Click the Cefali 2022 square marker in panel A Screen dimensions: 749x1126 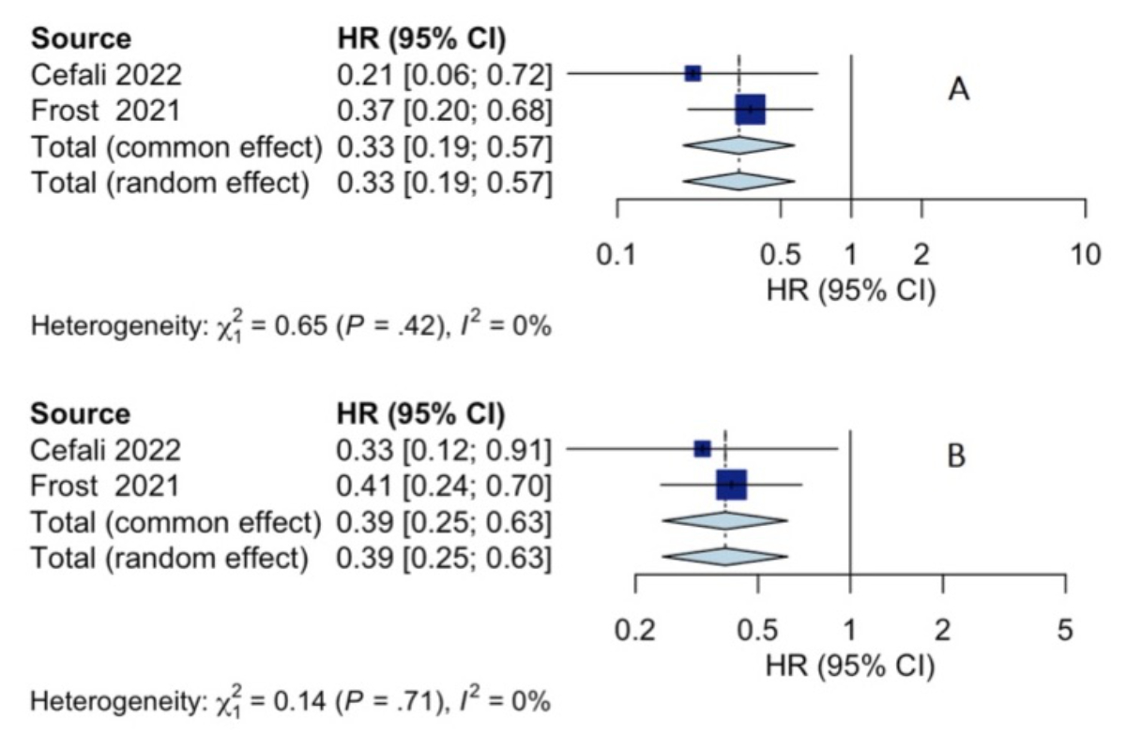[692, 73]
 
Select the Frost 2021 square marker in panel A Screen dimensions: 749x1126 [750, 110]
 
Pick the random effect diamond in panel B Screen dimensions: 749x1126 [725, 556]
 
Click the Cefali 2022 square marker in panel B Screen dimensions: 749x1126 [702, 449]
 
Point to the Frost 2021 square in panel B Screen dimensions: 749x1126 [731, 485]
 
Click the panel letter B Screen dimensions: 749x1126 [956, 457]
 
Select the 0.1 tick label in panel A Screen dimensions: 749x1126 [616, 256]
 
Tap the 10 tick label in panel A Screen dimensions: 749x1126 [1085, 256]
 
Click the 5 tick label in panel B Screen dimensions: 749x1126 [1064, 630]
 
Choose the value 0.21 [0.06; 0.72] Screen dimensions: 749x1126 [445, 74]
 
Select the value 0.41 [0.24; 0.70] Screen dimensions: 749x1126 [445, 486]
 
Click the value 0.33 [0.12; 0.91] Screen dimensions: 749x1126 [445, 450]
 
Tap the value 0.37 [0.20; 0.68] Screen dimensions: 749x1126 [445, 111]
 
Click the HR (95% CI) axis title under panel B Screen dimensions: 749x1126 [850, 667]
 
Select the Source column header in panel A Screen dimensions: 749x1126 [82, 38]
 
